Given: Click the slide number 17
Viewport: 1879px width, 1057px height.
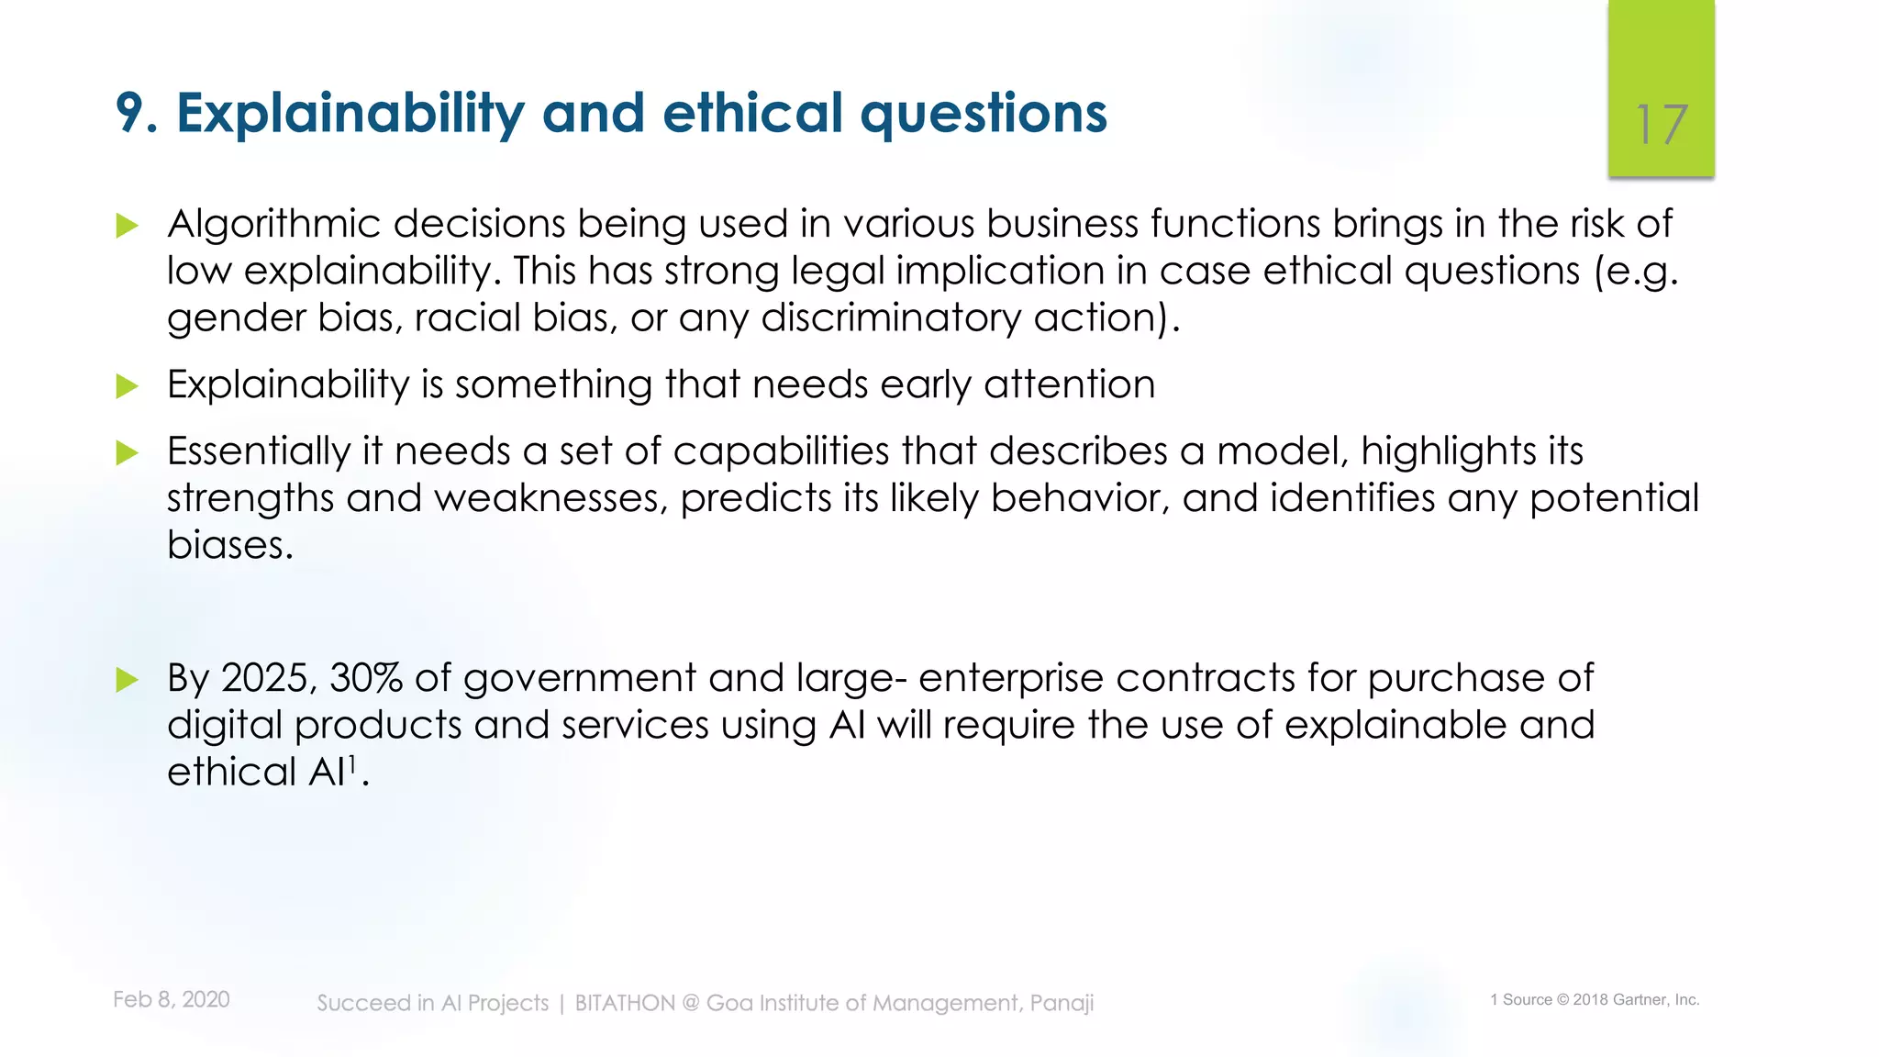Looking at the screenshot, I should (1661, 125).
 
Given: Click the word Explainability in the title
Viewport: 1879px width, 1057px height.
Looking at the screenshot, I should (350, 114).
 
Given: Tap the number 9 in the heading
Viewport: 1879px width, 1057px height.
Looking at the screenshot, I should (131, 114).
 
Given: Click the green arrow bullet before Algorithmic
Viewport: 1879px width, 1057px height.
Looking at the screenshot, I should (128, 226).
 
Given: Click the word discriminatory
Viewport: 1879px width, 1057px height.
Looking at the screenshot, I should (890, 318).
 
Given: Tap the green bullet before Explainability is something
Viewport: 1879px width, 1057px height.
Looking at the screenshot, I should (128, 386).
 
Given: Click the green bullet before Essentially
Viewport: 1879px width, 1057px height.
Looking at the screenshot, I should (128, 453).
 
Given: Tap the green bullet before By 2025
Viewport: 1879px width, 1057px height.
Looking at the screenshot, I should (128, 680).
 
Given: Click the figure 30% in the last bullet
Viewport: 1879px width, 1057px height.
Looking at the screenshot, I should (365, 679).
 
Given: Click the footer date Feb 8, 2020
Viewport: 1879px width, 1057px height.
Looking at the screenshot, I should (171, 999).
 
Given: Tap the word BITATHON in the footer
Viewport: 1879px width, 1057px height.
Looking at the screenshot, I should (625, 1003).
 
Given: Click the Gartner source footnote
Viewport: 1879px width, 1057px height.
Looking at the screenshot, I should (1595, 1000).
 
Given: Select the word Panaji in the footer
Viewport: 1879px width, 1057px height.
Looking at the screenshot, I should (1062, 1004).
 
